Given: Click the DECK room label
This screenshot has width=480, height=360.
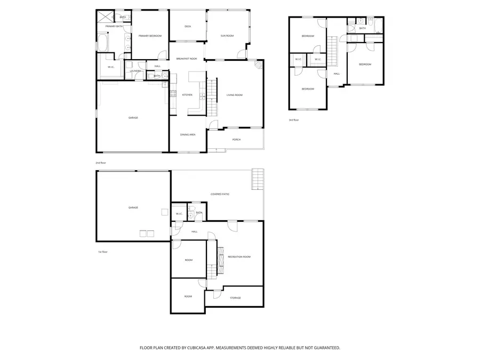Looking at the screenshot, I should point(188,26).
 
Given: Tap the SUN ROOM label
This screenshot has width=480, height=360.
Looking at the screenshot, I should point(227,36).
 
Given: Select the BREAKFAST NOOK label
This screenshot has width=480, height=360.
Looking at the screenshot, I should point(187,58).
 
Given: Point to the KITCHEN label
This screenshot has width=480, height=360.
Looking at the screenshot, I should point(187,95).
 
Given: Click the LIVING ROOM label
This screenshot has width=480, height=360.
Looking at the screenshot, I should point(235,95).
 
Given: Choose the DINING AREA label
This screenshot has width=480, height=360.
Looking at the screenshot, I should point(188,134).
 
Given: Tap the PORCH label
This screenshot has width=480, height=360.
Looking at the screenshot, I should point(236,140).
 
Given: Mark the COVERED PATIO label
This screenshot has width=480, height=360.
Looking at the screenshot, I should point(220,194).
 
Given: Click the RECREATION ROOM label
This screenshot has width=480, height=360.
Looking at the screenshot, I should point(239,257).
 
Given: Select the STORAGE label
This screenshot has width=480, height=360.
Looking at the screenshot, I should point(235,298).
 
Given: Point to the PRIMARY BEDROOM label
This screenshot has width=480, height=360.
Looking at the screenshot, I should point(150,36).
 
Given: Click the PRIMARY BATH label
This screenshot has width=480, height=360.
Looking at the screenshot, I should point(114,26).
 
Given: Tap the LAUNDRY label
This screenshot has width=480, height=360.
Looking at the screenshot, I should point(135,70).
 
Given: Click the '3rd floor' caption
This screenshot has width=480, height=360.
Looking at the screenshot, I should point(294,120).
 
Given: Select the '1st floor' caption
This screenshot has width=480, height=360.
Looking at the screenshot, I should point(102,252).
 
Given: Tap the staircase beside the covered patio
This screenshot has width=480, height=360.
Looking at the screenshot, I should point(257,179).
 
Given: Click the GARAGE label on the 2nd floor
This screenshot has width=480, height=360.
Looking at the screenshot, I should point(133,118).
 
